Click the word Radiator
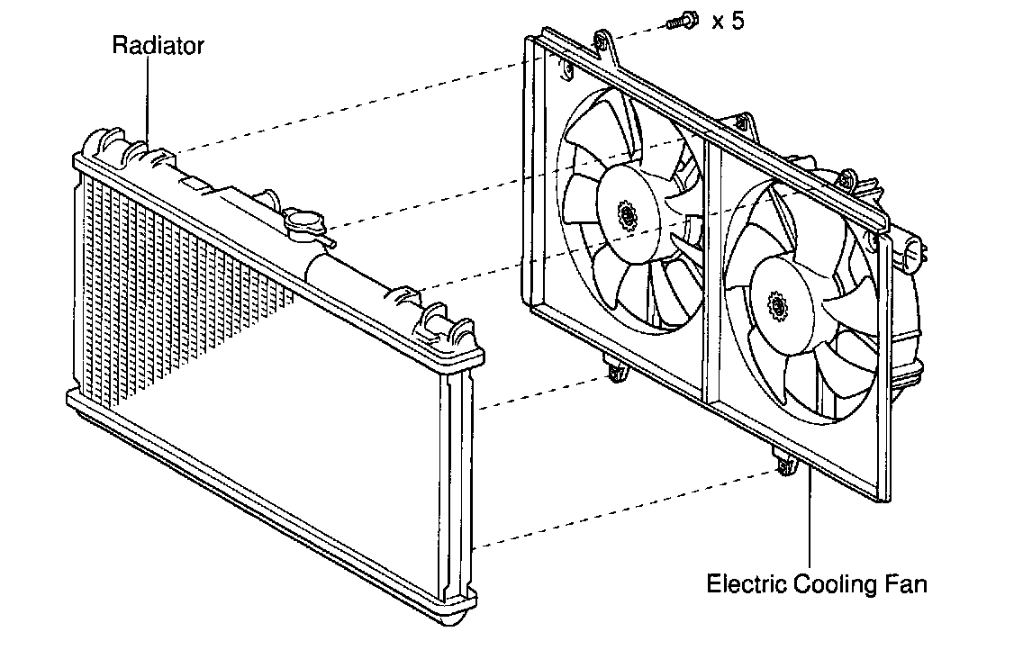(158, 45)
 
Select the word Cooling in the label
(833, 584)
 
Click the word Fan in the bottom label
(906, 584)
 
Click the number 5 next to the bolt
(738, 21)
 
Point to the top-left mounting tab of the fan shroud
(602, 41)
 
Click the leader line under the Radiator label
(147, 99)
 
